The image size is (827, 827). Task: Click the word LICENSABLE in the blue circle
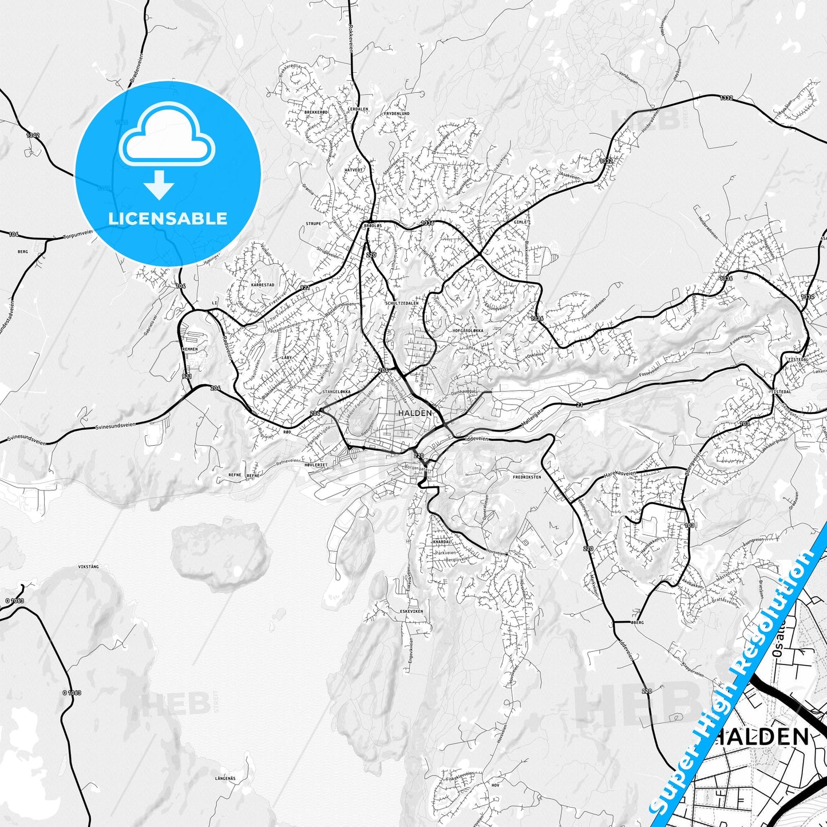coord(168,219)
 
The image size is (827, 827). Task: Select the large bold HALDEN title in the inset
coord(761,736)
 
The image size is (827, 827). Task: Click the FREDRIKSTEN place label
coord(527,476)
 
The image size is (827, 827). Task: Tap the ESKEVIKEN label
coord(411,611)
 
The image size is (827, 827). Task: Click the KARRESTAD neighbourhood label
coord(263,284)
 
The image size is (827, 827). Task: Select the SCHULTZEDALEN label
coord(402,303)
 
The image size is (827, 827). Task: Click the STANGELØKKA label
coord(337,392)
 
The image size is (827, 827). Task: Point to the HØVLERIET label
coord(315,465)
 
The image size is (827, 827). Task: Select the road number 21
coord(580,405)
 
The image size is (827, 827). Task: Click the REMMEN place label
coord(189,349)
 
